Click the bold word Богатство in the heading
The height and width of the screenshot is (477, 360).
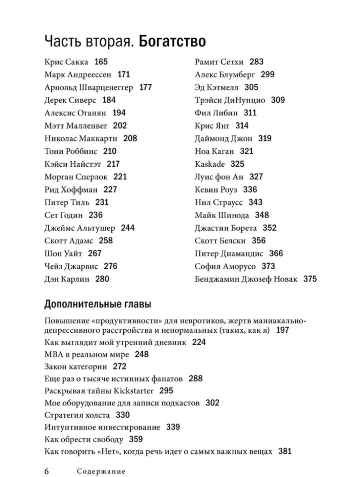pyautogui.click(x=172, y=41)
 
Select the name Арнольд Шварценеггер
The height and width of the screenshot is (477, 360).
pyautogui.click(x=89, y=87)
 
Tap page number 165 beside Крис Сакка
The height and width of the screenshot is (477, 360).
pyautogui.click(x=101, y=62)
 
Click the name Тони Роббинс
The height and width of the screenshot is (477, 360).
pyautogui.click(x=71, y=151)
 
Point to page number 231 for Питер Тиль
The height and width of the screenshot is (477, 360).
pyautogui.click(x=102, y=203)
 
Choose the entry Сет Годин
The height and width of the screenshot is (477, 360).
pyautogui.click(x=64, y=215)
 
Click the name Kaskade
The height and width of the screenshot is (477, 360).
pyautogui.click(x=210, y=164)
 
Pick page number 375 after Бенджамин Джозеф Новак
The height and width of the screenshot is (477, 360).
pyautogui.click(x=310, y=279)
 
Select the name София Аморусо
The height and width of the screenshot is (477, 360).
pyautogui.click(x=225, y=267)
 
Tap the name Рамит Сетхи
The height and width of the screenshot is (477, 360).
pyautogui.click(x=219, y=62)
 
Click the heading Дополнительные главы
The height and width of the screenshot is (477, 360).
pyautogui.click(x=98, y=304)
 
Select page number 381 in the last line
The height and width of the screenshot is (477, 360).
pyautogui.click(x=285, y=452)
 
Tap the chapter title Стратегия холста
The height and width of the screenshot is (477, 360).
pyautogui.click(x=77, y=415)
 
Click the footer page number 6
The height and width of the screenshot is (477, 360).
pyautogui.click(x=47, y=471)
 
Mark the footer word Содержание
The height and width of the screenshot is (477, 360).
pyautogui.click(x=101, y=471)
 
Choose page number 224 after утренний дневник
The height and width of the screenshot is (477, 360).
pyautogui.click(x=199, y=342)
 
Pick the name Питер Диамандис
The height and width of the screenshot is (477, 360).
pyautogui.click(x=229, y=254)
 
